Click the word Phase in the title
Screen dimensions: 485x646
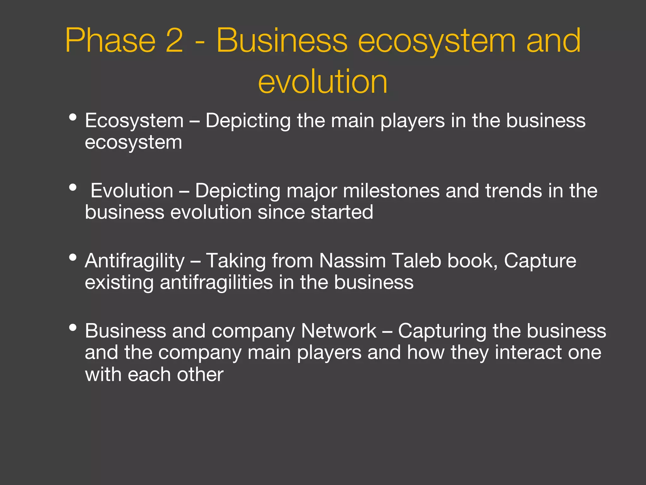(110, 41)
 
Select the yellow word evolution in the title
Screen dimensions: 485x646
(322, 82)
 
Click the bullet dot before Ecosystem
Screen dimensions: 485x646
(73, 117)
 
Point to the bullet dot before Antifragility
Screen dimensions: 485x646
(73, 257)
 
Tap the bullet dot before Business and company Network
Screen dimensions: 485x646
(73, 327)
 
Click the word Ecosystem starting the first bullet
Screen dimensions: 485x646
(134, 121)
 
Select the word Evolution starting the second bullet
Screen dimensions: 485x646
(132, 191)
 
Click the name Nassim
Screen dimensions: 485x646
(352, 261)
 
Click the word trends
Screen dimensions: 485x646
(513, 191)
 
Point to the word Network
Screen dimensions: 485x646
(338, 331)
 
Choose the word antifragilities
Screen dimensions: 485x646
(216, 282)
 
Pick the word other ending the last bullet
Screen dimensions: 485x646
(200, 375)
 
